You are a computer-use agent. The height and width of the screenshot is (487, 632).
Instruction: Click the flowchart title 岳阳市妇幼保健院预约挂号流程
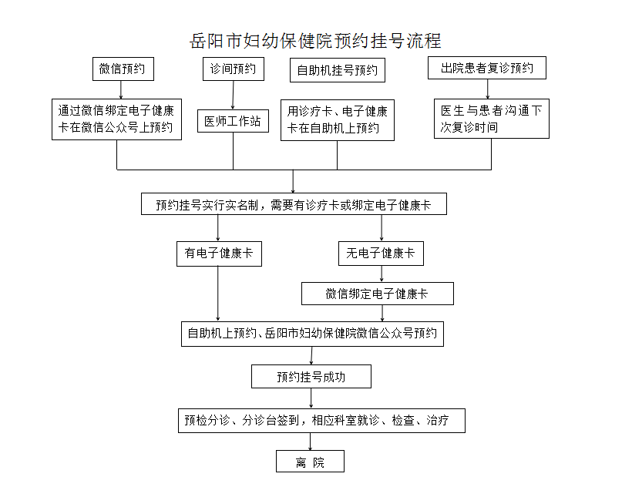coord(315,41)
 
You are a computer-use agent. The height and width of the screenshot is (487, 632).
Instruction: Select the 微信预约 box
coord(123,69)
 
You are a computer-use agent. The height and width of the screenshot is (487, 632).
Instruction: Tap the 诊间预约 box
coord(234,69)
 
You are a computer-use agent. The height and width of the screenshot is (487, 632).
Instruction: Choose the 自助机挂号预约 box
coord(338,70)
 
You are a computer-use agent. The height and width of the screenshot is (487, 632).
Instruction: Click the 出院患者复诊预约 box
coord(487,68)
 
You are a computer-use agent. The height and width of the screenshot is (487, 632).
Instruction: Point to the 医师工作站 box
coord(233,121)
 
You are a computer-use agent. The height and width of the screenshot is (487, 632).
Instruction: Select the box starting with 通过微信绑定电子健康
coord(116,119)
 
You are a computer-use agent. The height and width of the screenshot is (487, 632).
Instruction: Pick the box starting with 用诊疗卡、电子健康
coord(338,120)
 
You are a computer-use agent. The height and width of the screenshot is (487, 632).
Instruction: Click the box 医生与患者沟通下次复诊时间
coord(491,119)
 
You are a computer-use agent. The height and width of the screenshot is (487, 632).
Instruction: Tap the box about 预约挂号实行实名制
coord(294,204)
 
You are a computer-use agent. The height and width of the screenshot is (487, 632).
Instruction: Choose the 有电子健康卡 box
coord(219,254)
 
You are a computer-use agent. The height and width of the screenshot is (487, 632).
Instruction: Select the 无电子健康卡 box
coord(381,254)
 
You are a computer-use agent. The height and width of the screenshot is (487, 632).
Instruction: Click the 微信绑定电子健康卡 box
coord(377,294)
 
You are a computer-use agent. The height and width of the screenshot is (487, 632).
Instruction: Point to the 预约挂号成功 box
coord(311,377)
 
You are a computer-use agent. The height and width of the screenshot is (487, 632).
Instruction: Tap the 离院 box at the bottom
coord(310,462)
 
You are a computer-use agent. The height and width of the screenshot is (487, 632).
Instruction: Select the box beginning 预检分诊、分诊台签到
coord(321,421)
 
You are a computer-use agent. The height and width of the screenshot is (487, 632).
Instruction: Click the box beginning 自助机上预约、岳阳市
coord(312,334)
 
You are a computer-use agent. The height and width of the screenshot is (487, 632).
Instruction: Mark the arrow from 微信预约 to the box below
coord(121,90)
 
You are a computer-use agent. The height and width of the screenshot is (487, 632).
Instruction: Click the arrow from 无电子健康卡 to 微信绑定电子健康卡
coord(382,274)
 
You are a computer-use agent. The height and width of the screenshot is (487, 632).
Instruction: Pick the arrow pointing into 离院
coord(311,442)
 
